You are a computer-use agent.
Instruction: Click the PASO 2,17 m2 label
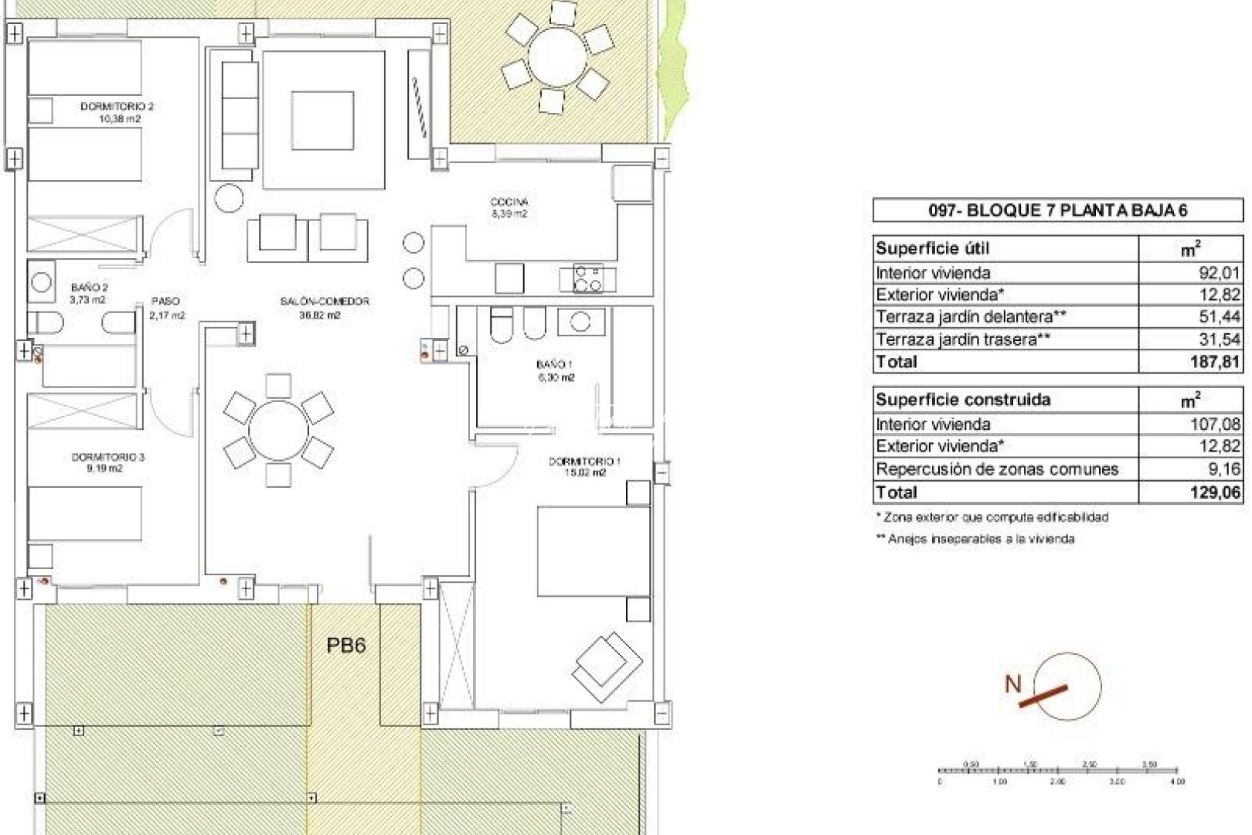pos(166,308)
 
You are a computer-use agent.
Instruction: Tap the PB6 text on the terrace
pos(345,645)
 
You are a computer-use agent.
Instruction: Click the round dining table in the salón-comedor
pos(278,430)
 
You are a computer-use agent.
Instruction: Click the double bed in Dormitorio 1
pos(594,551)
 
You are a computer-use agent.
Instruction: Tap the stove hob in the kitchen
pos(588,278)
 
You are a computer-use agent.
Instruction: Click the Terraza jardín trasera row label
pos(963,339)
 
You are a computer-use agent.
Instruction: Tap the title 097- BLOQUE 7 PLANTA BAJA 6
pos(1057,210)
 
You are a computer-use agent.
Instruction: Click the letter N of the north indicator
pos(1012,683)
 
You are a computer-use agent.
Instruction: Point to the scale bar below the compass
pos(1057,771)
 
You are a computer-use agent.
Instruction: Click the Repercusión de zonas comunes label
pos(997,469)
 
